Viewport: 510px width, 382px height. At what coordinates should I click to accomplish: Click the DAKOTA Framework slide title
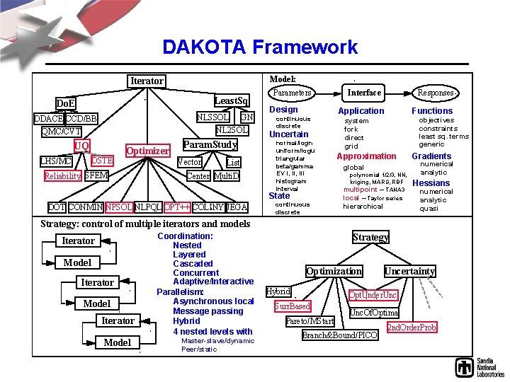click(260, 47)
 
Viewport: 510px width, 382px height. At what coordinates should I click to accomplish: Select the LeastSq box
click(232, 100)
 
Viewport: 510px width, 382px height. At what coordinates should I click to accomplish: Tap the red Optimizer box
click(147, 151)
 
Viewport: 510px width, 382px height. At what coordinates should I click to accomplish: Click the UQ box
click(82, 146)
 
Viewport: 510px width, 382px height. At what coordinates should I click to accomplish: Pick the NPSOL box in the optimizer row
click(118, 207)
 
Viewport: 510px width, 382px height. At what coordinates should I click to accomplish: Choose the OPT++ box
click(176, 207)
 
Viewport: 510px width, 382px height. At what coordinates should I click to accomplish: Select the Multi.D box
click(227, 175)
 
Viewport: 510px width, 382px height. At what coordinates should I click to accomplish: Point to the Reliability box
click(62, 176)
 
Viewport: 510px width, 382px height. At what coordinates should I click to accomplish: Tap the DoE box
click(66, 104)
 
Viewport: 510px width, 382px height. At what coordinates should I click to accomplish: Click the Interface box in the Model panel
click(364, 93)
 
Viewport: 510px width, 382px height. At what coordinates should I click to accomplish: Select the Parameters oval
click(293, 93)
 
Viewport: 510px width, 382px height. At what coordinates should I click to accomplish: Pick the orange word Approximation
click(366, 156)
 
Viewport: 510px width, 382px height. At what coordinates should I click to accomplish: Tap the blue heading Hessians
click(431, 183)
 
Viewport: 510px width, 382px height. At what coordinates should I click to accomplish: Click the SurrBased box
click(293, 306)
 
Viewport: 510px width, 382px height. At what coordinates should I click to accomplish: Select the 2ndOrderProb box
click(412, 328)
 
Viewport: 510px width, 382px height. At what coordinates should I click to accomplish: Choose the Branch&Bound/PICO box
click(340, 335)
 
